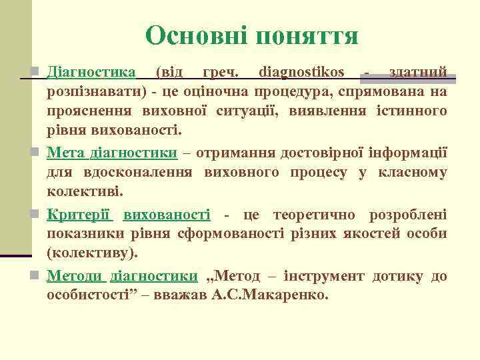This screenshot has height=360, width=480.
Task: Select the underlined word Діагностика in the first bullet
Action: (x=91, y=71)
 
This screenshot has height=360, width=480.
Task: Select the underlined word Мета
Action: (x=65, y=153)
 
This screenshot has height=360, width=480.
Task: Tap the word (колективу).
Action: (x=93, y=253)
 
